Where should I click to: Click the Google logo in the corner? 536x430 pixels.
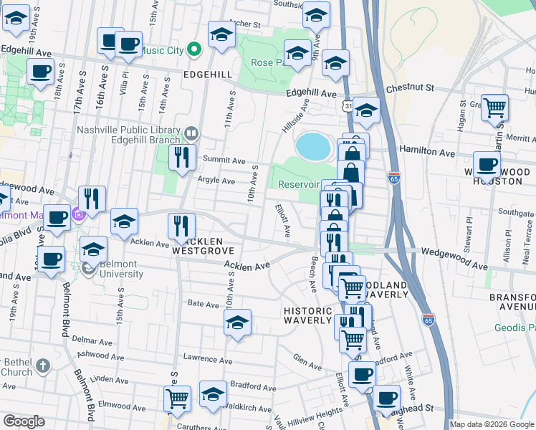24,421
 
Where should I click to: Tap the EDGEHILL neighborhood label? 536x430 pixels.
208,75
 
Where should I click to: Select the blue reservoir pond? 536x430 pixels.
313,146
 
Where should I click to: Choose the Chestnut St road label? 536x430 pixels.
411,88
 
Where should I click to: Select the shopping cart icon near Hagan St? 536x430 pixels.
494,108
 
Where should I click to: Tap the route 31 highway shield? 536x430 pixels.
346,106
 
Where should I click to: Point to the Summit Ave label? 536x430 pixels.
224,160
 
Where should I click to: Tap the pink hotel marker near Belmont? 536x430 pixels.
79,213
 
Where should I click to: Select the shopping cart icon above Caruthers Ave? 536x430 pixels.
177,400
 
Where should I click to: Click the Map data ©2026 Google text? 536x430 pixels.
492,424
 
